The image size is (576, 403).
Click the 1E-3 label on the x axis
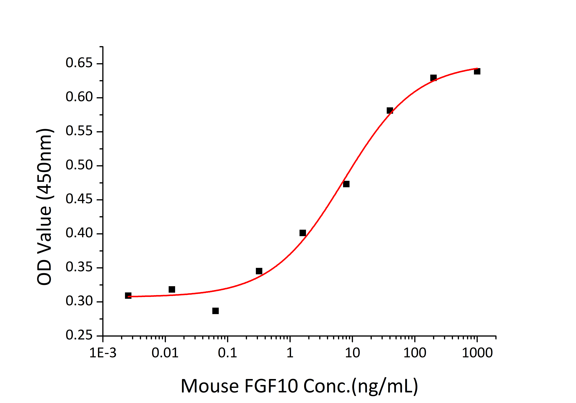(x=103, y=353)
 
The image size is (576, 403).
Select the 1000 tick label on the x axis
(x=477, y=353)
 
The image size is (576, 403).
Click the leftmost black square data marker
(x=128, y=296)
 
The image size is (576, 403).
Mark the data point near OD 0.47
(x=346, y=184)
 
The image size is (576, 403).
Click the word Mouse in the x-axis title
(x=210, y=386)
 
